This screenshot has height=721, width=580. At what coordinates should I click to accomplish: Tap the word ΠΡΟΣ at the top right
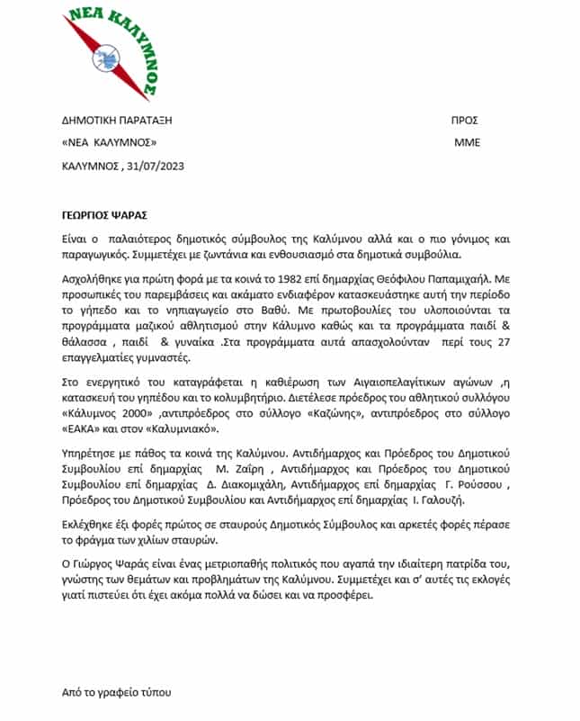click(464, 119)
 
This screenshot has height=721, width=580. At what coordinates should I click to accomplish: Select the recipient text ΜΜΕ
click(467, 142)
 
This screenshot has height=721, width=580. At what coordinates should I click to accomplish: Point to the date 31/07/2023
click(153, 166)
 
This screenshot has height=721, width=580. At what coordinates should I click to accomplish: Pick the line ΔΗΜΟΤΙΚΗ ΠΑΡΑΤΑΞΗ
click(116, 119)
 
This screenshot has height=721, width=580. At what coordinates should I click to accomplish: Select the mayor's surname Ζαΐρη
click(248, 469)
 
